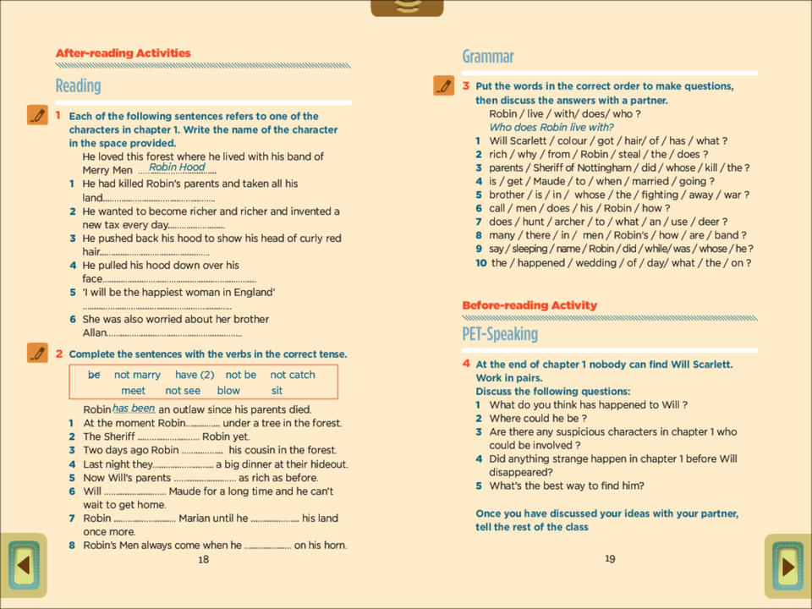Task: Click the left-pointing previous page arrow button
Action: click(x=24, y=565)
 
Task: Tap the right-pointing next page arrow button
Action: click(x=787, y=566)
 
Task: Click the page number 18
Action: click(x=203, y=559)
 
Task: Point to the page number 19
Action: click(x=610, y=558)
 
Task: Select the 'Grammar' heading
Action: click(x=488, y=57)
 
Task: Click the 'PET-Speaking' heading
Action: click(x=500, y=334)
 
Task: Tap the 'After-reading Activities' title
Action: click(x=123, y=53)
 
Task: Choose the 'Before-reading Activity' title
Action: click(x=529, y=305)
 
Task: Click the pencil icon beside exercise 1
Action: click(x=37, y=115)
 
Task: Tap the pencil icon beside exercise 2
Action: click(x=37, y=353)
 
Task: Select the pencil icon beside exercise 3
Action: click(x=443, y=85)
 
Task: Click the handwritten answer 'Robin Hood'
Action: click(x=177, y=167)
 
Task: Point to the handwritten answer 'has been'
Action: click(x=134, y=408)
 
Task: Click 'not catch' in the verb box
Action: click(x=293, y=375)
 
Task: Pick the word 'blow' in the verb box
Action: click(x=228, y=391)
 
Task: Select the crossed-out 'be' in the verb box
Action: click(x=94, y=375)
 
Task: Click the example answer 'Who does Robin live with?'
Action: click(x=551, y=128)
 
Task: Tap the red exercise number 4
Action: click(x=466, y=364)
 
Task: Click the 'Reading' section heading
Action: click(x=78, y=85)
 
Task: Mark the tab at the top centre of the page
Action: click(x=407, y=8)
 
